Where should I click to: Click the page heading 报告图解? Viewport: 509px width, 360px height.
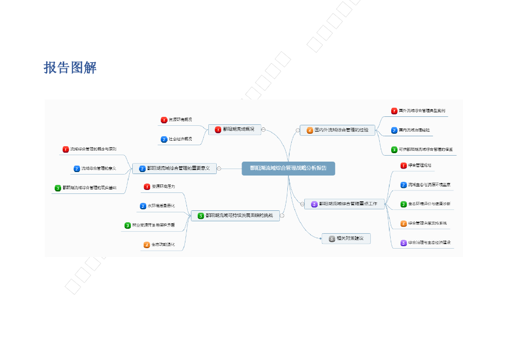[70, 68]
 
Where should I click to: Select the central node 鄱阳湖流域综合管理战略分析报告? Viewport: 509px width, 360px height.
[288, 168]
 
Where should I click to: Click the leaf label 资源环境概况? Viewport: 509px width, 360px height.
[180, 120]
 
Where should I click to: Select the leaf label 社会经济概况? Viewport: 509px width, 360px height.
[180, 139]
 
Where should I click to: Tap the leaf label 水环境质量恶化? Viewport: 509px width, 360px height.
[161, 205]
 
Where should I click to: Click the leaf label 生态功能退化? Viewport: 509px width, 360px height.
[163, 245]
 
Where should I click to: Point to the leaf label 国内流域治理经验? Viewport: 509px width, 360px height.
[414, 130]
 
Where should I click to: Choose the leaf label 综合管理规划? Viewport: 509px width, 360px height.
[420, 165]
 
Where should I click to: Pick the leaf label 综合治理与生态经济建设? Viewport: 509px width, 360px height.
[429, 243]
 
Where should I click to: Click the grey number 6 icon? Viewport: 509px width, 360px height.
[332, 239]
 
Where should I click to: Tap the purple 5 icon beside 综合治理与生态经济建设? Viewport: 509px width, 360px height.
[404, 243]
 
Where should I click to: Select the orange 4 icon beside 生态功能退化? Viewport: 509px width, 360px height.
[147, 245]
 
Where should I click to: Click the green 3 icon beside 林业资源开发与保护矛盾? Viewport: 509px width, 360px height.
[127, 225]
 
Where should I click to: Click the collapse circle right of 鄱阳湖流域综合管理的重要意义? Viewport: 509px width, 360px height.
[219, 169]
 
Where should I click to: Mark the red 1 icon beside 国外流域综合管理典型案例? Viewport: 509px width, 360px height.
[394, 111]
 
